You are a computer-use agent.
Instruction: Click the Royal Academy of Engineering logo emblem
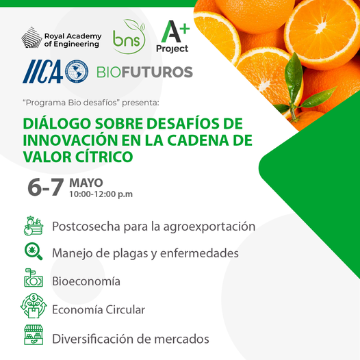click(x=31, y=37)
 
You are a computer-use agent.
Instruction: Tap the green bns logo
click(x=129, y=37)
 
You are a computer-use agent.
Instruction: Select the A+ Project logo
click(x=173, y=37)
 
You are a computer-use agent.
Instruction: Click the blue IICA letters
click(x=42, y=71)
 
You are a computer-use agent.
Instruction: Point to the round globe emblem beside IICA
click(x=77, y=71)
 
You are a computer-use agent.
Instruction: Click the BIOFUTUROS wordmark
click(x=144, y=72)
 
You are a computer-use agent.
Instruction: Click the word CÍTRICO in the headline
click(x=104, y=157)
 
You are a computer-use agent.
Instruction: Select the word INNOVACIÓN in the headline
click(x=70, y=140)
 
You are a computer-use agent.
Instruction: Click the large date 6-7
click(x=46, y=187)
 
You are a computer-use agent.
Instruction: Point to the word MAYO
click(x=86, y=183)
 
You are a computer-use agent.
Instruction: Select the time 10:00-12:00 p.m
click(x=101, y=194)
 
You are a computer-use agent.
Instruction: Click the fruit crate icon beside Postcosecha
click(x=34, y=226)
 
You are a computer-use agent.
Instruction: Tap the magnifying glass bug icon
click(x=34, y=252)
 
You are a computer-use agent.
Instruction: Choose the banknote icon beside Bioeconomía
click(x=34, y=278)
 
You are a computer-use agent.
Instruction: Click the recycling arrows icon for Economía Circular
click(x=34, y=305)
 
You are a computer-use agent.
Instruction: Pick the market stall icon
click(x=34, y=335)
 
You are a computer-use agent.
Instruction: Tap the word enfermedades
click(x=199, y=253)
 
